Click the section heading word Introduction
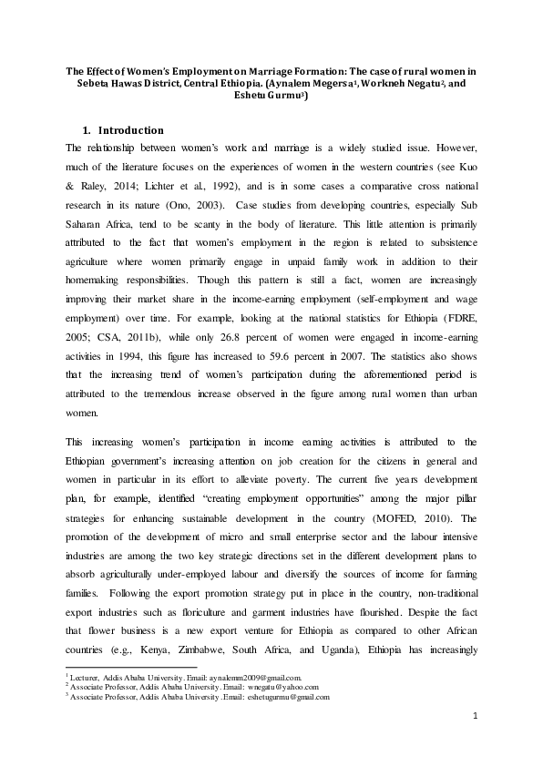tap(131, 129)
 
